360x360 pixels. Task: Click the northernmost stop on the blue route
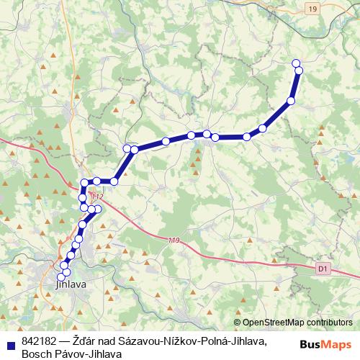pos(296,63)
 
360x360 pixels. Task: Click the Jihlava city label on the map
pos(71,286)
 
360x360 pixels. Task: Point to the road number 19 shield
pos(311,8)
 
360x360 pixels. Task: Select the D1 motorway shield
pos(322,267)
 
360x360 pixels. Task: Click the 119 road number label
pos(173,240)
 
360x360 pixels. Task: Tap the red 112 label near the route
pos(96,197)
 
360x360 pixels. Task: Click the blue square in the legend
pos(9,341)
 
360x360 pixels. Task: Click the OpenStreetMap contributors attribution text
pos(297,322)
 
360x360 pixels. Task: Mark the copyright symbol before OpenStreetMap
pos(238,322)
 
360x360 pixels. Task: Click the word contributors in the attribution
pos(328,322)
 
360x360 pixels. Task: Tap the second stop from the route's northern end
pos(299,70)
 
